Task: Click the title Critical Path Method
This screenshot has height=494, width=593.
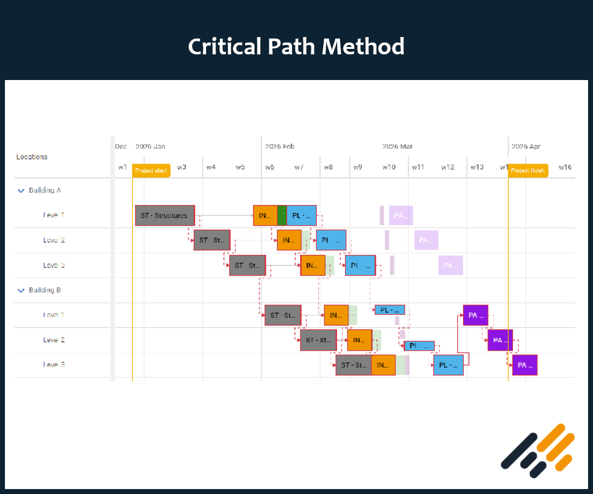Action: tap(296, 47)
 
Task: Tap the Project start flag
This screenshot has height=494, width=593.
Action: tap(151, 170)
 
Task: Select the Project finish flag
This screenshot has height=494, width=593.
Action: tap(528, 170)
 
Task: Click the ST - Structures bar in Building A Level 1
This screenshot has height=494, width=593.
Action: tap(165, 215)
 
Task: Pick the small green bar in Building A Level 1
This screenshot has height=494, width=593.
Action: tap(282, 215)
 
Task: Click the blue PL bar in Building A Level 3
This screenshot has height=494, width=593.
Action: tap(360, 265)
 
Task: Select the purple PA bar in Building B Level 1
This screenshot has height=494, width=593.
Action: tap(475, 315)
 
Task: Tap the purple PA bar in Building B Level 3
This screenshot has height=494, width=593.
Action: tap(524, 365)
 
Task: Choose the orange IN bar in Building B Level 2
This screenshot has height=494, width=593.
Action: tap(359, 340)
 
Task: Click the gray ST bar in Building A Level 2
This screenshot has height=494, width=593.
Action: tap(212, 240)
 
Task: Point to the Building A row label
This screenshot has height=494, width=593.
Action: tap(45, 190)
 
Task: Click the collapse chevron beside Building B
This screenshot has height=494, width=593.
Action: tap(21, 290)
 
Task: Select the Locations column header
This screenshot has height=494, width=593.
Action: tap(32, 157)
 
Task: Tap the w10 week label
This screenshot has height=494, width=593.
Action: tap(389, 167)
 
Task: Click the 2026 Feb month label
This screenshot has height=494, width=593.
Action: tap(280, 147)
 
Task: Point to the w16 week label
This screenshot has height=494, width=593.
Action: tap(565, 167)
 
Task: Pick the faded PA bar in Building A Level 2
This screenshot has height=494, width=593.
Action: tap(426, 240)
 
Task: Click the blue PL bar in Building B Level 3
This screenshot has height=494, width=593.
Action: tap(448, 365)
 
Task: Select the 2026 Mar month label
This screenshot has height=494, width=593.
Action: tap(397, 147)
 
